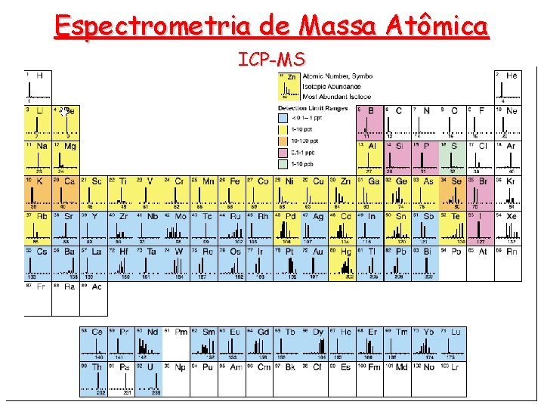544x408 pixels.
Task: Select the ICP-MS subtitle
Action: tap(272, 59)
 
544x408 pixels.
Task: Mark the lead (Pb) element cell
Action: tap(397, 262)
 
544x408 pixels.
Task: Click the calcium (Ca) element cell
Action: tap(66, 192)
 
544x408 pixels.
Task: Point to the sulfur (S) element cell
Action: tap(453, 157)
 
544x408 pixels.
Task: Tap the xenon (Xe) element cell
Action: tap(508, 227)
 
